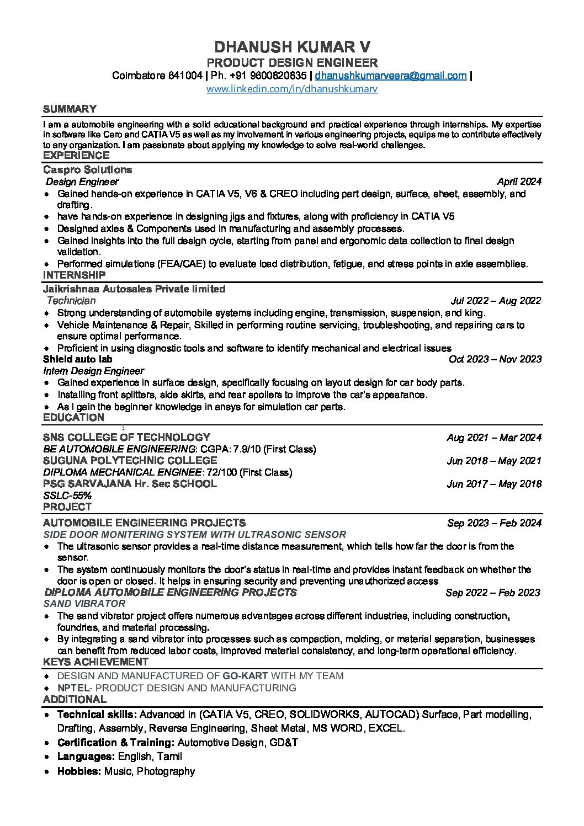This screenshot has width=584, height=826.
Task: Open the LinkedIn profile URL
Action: [292, 88]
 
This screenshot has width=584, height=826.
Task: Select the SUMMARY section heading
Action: [70, 109]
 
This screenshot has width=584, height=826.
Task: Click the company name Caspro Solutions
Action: [87, 169]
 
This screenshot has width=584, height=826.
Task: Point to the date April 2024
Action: [519, 182]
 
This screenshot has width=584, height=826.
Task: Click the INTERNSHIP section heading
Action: [74, 275]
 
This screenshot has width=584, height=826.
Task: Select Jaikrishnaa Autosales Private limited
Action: [134, 289]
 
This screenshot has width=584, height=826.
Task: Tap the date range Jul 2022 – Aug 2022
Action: [496, 301]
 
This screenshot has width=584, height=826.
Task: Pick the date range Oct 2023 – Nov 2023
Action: [495, 359]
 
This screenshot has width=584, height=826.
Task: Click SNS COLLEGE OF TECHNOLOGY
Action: [126, 438]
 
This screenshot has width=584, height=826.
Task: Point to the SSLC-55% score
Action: [67, 495]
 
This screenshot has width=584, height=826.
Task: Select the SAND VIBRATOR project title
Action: [84, 604]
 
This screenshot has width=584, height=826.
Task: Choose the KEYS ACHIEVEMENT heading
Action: [95, 662]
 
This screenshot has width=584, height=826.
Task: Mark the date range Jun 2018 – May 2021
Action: [494, 461]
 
